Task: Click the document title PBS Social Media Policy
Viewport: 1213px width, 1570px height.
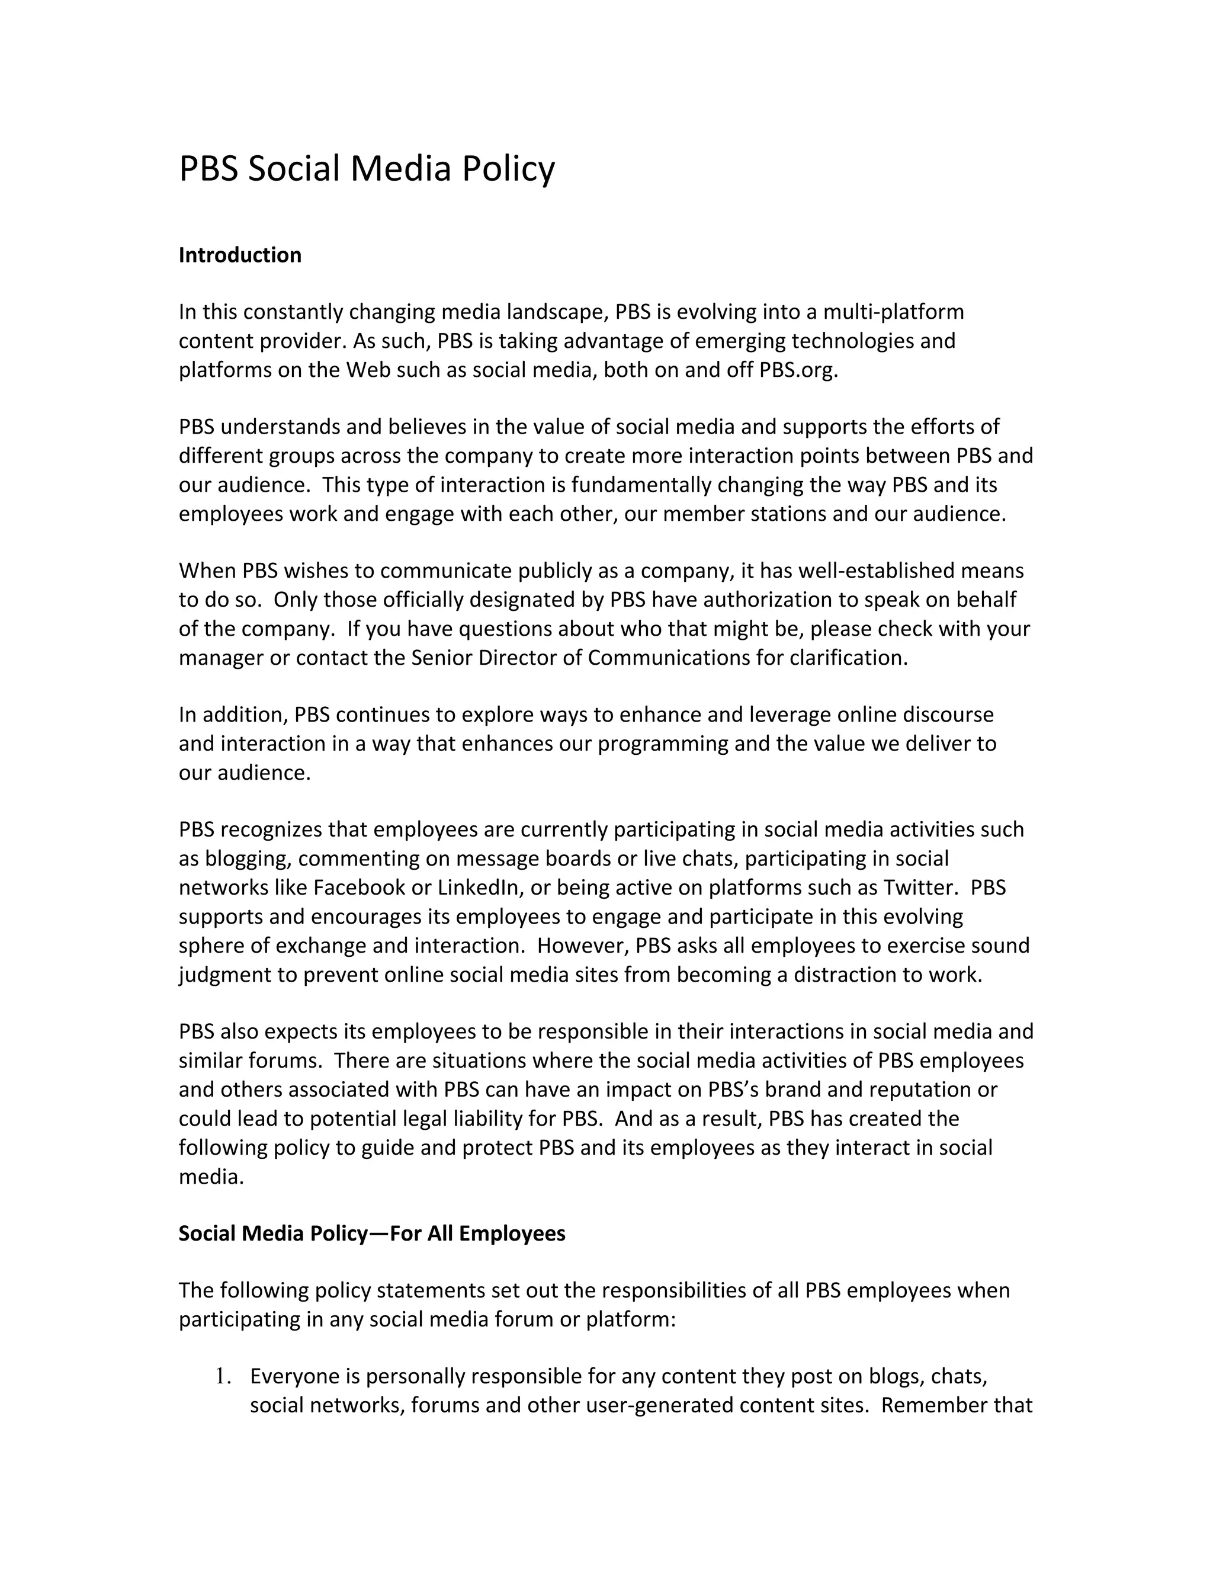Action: pyautogui.click(x=367, y=169)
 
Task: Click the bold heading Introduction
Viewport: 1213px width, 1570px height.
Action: pyautogui.click(x=240, y=255)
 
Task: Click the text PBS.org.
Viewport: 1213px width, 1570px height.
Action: pyautogui.click(x=798, y=370)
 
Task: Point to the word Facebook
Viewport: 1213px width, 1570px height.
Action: pyautogui.click(x=360, y=888)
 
